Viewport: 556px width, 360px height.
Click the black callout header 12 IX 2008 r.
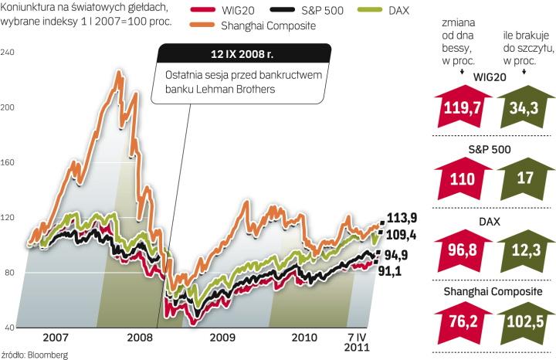pos(244,55)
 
